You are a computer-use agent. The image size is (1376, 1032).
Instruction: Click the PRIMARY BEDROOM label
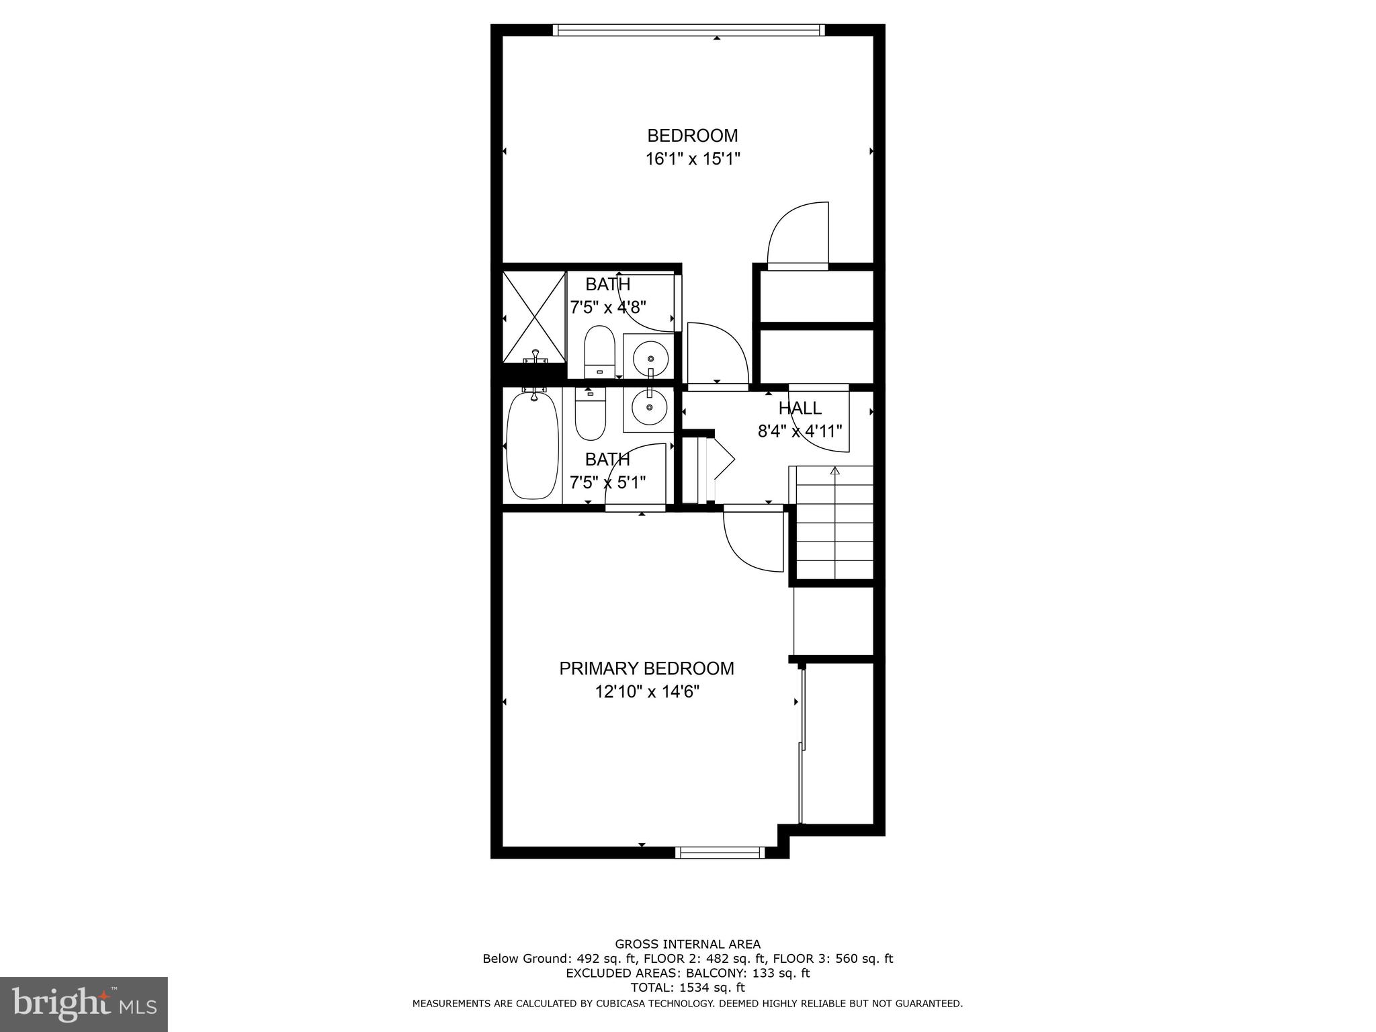646,669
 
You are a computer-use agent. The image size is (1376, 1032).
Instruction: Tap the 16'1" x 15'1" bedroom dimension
692,159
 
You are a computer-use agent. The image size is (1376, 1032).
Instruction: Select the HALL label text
800,408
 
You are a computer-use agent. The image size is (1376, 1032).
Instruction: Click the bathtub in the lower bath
532,445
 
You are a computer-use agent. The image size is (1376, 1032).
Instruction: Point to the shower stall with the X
534,316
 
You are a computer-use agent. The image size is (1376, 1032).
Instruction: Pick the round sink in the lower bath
649,407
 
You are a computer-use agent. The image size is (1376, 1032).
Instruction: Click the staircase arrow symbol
834,471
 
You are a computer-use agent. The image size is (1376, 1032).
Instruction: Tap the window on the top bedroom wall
689,30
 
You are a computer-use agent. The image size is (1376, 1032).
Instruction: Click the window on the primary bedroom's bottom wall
720,853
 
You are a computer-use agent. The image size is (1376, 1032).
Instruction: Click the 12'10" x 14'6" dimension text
646,691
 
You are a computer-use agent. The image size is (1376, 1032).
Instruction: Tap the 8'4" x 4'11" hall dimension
800,431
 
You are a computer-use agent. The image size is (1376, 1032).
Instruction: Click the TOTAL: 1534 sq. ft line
687,988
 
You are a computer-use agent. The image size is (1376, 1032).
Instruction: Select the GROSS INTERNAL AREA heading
687,944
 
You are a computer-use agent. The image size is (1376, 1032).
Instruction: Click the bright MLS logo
84,1004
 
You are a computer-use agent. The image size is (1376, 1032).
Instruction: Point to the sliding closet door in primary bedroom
801,746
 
